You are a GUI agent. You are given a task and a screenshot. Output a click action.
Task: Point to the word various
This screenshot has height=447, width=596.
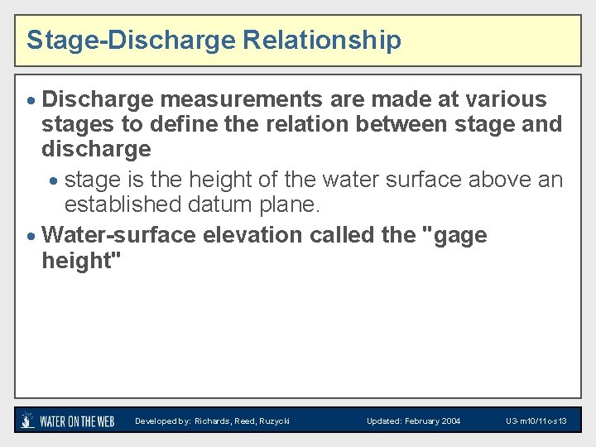[502, 99]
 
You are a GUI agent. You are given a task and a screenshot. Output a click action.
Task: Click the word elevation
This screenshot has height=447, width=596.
[252, 235]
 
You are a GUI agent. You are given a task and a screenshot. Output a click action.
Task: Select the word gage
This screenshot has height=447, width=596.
[455, 237]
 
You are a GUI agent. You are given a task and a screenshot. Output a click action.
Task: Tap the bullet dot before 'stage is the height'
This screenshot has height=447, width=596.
[54, 180]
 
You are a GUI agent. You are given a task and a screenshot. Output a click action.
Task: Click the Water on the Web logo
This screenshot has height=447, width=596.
[68, 421]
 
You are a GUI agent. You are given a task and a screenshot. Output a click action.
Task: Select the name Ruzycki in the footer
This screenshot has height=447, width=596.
[273, 421]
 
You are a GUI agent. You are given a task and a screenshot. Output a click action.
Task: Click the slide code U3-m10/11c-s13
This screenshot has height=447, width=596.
[536, 421]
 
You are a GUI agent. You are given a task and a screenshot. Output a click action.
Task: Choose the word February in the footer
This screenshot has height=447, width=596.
[421, 421]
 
